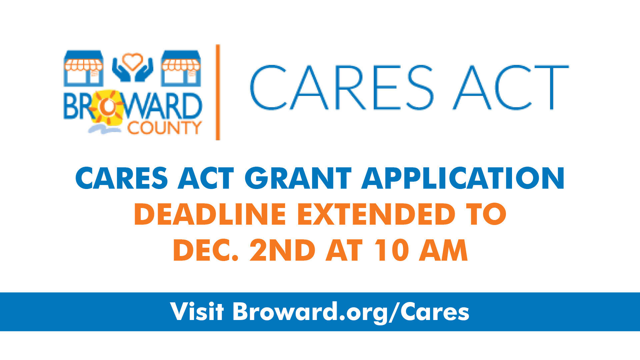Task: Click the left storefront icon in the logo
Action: pyautogui.click(x=84, y=68)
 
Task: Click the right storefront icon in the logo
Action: pyautogui.click(x=181, y=68)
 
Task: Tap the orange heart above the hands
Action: pyautogui.click(x=133, y=61)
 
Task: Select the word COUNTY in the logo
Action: pyautogui.click(x=165, y=127)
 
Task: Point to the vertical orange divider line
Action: pyautogui.click(x=218, y=92)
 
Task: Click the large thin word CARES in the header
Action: pyautogui.click(x=342, y=87)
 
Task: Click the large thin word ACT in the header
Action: pyautogui.click(x=510, y=87)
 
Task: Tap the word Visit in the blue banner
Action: pyautogui.click(x=197, y=311)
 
